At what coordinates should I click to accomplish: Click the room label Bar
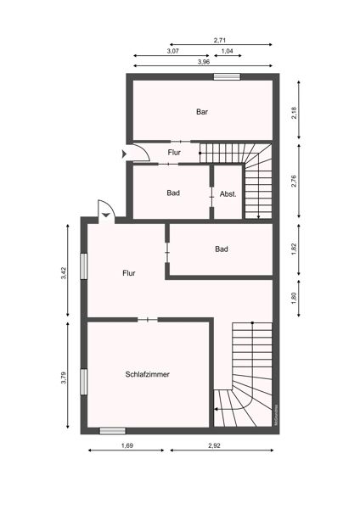coord(202,111)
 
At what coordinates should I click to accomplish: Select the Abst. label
coord(228,193)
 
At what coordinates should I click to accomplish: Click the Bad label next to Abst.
coord(173,193)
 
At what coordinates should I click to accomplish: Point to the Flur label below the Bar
coord(174,153)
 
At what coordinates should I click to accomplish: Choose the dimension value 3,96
coord(204,62)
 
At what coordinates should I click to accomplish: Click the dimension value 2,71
coord(220,40)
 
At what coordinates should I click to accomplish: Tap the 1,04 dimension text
coord(228,51)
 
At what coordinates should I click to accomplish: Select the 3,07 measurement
coord(172,51)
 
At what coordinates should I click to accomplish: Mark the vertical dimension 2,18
coord(295,110)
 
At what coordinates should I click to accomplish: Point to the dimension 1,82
coord(295,249)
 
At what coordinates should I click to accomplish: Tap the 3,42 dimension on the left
coord(65,273)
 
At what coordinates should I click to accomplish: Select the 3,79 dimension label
coord(65,378)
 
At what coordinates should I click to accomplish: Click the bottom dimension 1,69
coord(127,445)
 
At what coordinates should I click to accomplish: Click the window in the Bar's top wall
coord(226,77)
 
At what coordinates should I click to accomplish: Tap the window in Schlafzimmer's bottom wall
coord(113,430)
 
